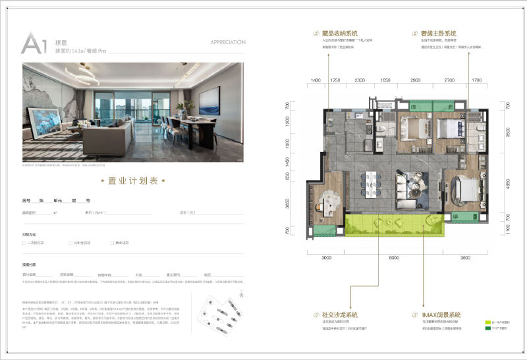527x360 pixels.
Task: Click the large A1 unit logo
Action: pyautogui.click(x=34, y=43)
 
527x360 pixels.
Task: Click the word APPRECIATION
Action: pyautogui.click(x=228, y=42)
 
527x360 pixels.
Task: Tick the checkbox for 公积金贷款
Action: pyautogui.click(x=67, y=243)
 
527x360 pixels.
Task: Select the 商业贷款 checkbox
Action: pyautogui.click(x=113, y=243)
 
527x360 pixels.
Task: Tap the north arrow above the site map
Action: pyautogui.click(x=243, y=292)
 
